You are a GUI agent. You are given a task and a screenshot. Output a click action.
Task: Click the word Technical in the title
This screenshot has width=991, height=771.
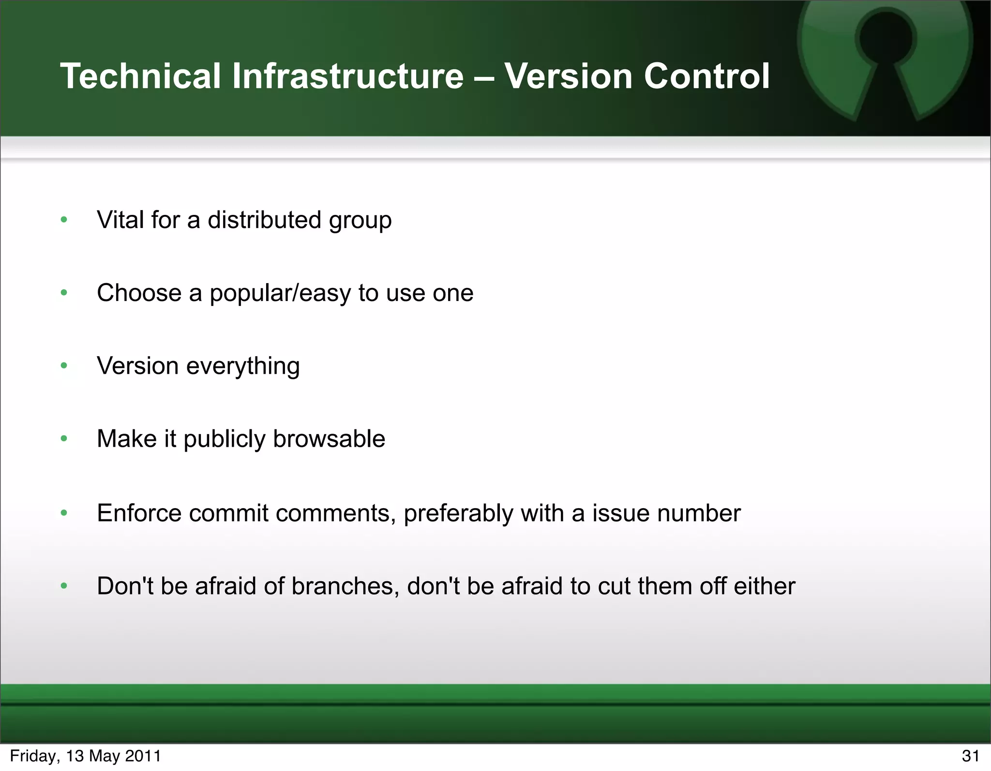click(140, 76)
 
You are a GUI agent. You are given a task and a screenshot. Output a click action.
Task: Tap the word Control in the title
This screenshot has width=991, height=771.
click(706, 76)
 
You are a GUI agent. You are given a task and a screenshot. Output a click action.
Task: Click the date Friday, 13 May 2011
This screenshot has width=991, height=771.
click(85, 756)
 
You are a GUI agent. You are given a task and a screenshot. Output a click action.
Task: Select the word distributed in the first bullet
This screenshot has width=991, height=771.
click(264, 220)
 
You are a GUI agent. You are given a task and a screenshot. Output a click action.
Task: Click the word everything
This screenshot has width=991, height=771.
click(243, 366)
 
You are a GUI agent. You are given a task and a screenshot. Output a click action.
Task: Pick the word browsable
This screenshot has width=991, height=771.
click(329, 439)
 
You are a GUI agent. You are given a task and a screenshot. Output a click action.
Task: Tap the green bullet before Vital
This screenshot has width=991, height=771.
click(64, 220)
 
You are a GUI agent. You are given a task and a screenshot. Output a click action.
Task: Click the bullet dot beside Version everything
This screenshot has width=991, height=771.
click(64, 366)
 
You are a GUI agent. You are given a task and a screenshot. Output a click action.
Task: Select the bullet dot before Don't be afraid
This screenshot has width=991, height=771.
click(64, 586)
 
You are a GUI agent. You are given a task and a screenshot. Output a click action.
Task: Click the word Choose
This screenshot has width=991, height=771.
click(139, 293)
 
